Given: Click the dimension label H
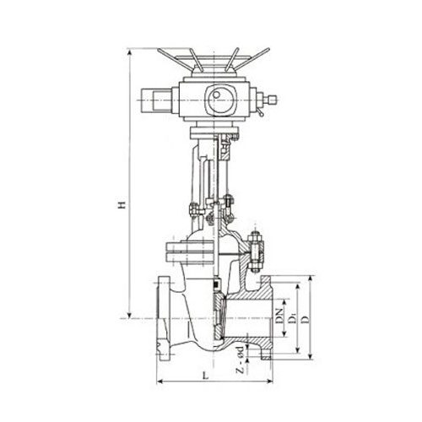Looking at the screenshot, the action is point(122,205).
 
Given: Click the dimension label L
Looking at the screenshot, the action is point(206,376).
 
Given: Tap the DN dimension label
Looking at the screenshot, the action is point(279,316).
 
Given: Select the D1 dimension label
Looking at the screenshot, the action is point(293,319).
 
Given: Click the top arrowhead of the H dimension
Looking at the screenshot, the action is point(129,52).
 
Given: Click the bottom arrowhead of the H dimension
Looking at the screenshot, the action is point(129,315).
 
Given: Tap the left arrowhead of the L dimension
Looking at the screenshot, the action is point(160,381).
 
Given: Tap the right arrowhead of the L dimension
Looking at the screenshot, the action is point(269,381).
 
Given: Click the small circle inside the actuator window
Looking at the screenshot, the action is point(216,95).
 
